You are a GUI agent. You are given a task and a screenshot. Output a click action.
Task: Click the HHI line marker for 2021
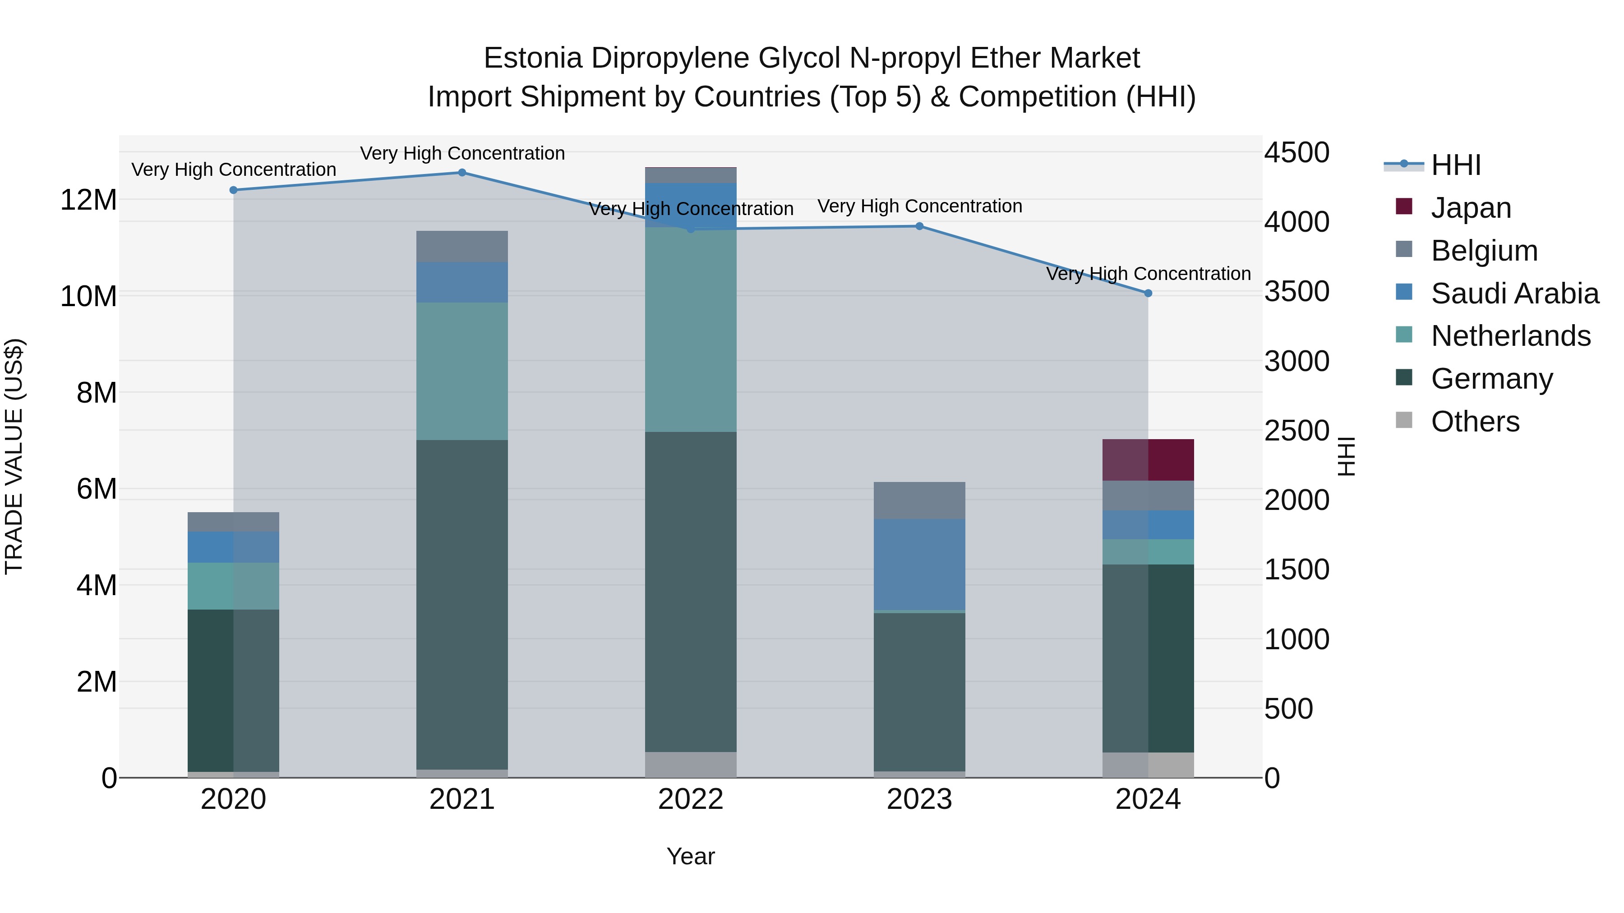pos(462,173)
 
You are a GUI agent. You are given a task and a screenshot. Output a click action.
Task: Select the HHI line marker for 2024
pos(1148,293)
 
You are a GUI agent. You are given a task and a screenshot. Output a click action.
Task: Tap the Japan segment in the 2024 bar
pos(1148,460)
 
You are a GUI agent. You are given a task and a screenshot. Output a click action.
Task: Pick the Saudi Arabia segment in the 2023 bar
pos(919,564)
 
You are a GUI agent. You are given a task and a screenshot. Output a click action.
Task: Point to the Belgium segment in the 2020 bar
pos(233,522)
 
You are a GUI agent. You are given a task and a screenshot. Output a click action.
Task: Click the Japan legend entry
pos(1471,208)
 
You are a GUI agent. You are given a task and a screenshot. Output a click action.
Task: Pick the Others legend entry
pos(1475,422)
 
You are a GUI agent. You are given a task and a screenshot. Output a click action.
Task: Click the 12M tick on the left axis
pos(88,200)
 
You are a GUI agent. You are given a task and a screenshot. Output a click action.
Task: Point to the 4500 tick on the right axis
pos(1297,152)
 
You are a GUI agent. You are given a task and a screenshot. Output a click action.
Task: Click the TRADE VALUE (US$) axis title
pos(14,456)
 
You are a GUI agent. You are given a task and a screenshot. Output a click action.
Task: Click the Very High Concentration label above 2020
pos(233,170)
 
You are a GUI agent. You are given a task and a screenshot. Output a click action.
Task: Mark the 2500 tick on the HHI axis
pos(1297,431)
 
